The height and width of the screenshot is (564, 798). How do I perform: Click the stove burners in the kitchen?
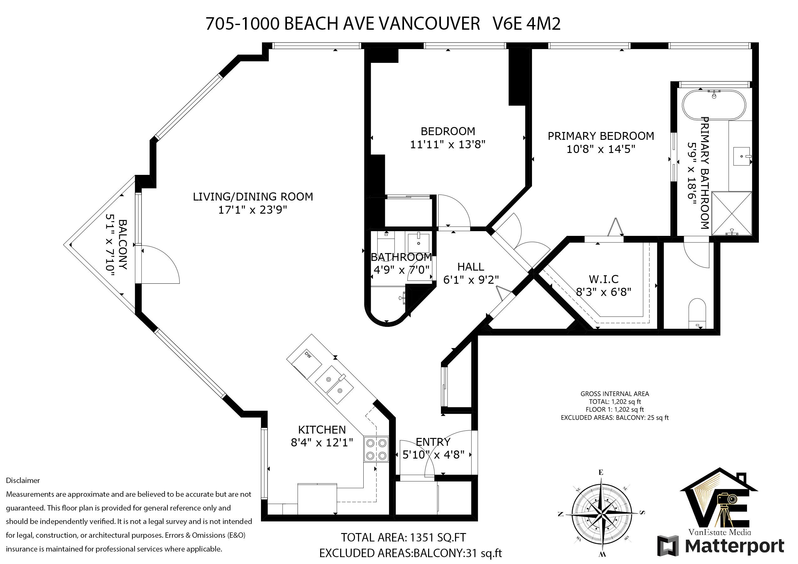tap(376, 449)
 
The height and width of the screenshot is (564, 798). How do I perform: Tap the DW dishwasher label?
tap(307, 354)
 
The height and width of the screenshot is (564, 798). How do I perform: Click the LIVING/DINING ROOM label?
tap(253, 197)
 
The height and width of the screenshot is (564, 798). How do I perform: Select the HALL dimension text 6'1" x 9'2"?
tap(471, 279)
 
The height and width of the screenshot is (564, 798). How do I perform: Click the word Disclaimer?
tap(23, 480)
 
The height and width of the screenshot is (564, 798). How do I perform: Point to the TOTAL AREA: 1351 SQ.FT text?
tap(403, 537)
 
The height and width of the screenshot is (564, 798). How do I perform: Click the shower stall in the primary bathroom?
tap(732, 213)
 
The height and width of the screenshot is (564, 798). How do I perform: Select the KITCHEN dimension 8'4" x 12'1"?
tap(322, 442)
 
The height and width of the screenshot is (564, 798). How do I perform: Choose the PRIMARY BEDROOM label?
tap(601, 136)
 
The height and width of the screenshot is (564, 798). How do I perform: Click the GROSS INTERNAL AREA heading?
tap(615, 394)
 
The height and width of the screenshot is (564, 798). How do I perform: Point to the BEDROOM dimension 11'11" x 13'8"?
tap(448, 144)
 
